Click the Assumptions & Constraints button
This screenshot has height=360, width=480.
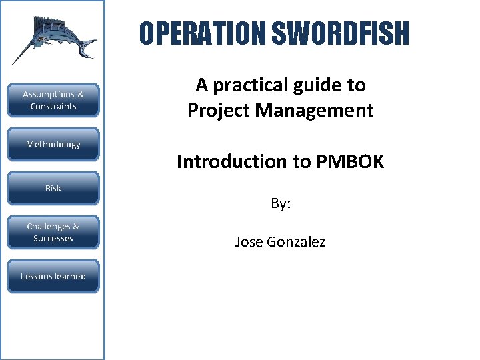point(53,101)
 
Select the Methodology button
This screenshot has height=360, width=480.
point(53,145)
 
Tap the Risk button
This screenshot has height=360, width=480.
point(53,189)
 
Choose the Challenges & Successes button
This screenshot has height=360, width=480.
point(53,233)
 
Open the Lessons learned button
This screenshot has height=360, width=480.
point(53,277)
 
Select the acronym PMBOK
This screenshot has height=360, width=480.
point(350,161)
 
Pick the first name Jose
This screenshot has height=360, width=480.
point(250,242)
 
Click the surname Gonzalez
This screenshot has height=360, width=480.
point(297,242)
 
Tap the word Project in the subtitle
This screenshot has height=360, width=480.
point(215,110)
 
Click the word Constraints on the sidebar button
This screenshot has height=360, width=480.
point(53,107)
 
